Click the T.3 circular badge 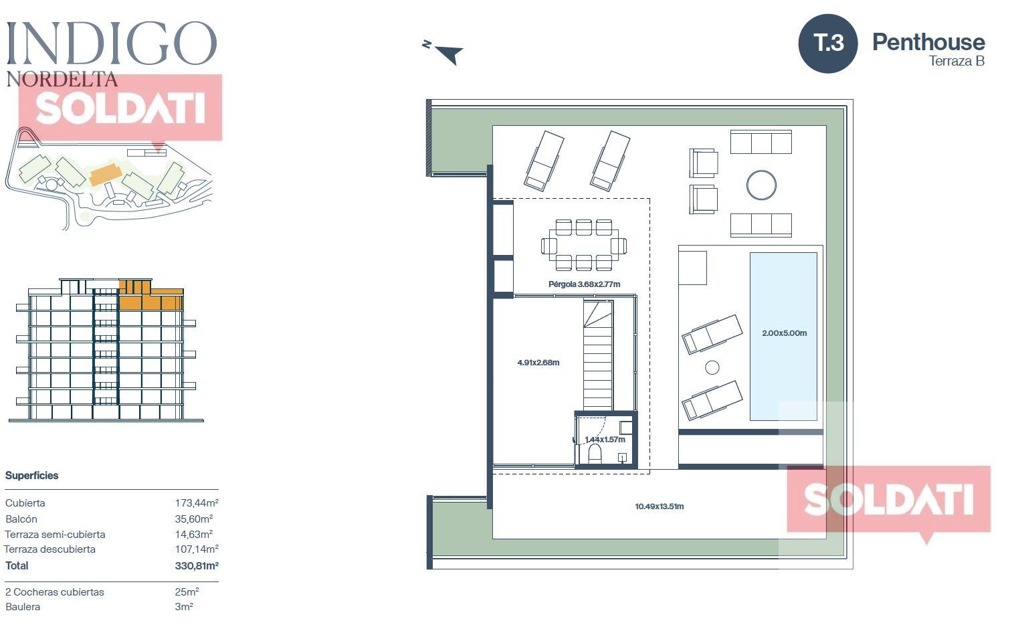click(x=828, y=43)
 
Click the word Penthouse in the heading click(x=928, y=43)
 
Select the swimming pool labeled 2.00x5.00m click(x=783, y=336)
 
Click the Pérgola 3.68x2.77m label click(x=584, y=284)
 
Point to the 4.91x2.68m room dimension click(x=538, y=362)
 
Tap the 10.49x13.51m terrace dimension click(x=660, y=507)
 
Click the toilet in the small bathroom click(x=595, y=454)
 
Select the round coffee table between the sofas click(x=761, y=185)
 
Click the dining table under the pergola click(x=584, y=246)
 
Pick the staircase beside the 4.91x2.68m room click(x=598, y=355)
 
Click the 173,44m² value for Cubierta click(x=197, y=503)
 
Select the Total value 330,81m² click(x=197, y=565)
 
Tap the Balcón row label click(x=21, y=519)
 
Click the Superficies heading click(x=31, y=476)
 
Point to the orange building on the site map click(x=106, y=175)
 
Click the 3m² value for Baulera click(x=184, y=606)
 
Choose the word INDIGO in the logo click(x=112, y=43)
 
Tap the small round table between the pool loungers click(x=712, y=368)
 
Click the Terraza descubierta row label click(x=49, y=549)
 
